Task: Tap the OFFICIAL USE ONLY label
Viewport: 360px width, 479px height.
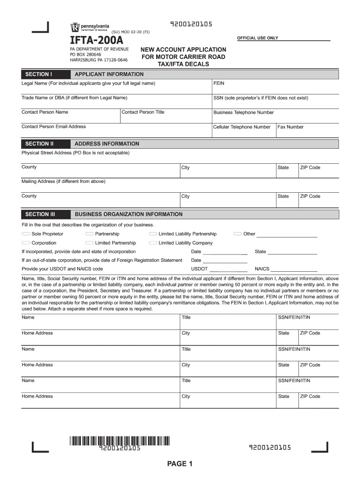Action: click(x=258, y=38)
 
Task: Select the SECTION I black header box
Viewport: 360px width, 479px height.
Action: click(x=38, y=74)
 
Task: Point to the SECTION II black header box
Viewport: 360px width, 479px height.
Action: click(x=40, y=144)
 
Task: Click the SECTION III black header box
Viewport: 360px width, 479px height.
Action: click(x=40, y=214)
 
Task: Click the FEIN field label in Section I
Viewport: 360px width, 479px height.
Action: click(x=219, y=83)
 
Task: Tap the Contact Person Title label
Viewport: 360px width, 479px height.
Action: click(x=143, y=112)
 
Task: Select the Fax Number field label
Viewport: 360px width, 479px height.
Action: click(x=291, y=127)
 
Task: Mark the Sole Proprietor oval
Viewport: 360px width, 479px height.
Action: click(x=26, y=234)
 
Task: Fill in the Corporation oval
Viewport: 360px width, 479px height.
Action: click(x=26, y=243)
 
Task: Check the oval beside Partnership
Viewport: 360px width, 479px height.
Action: click(x=89, y=234)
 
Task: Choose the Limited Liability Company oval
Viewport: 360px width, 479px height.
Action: click(x=153, y=243)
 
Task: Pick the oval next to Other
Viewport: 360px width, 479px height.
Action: click(x=238, y=234)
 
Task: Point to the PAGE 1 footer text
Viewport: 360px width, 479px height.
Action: click(x=180, y=464)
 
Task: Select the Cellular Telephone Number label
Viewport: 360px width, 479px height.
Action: click(x=242, y=127)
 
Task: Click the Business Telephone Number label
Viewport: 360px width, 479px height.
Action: click(x=244, y=112)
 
